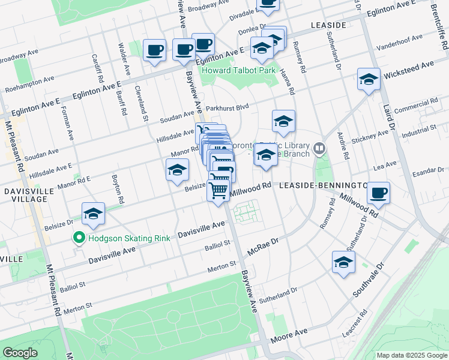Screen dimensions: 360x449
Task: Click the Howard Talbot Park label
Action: (x=238, y=70)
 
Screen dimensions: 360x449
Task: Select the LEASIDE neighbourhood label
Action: (x=328, y=25)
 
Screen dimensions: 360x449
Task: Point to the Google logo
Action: (x=20, y=353)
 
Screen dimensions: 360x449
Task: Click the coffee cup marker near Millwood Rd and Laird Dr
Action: (x=378, y=193)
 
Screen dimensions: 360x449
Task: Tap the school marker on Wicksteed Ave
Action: (x=369, y=79)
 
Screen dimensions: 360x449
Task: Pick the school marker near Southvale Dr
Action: (x=343, y=263)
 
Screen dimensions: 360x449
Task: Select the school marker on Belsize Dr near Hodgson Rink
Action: (x=93, y=214)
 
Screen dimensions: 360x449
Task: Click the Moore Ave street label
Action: (x=289, y=335)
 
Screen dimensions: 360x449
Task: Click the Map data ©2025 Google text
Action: (x=412, y=355)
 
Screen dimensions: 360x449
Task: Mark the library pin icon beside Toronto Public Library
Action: (x=320, y=147)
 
